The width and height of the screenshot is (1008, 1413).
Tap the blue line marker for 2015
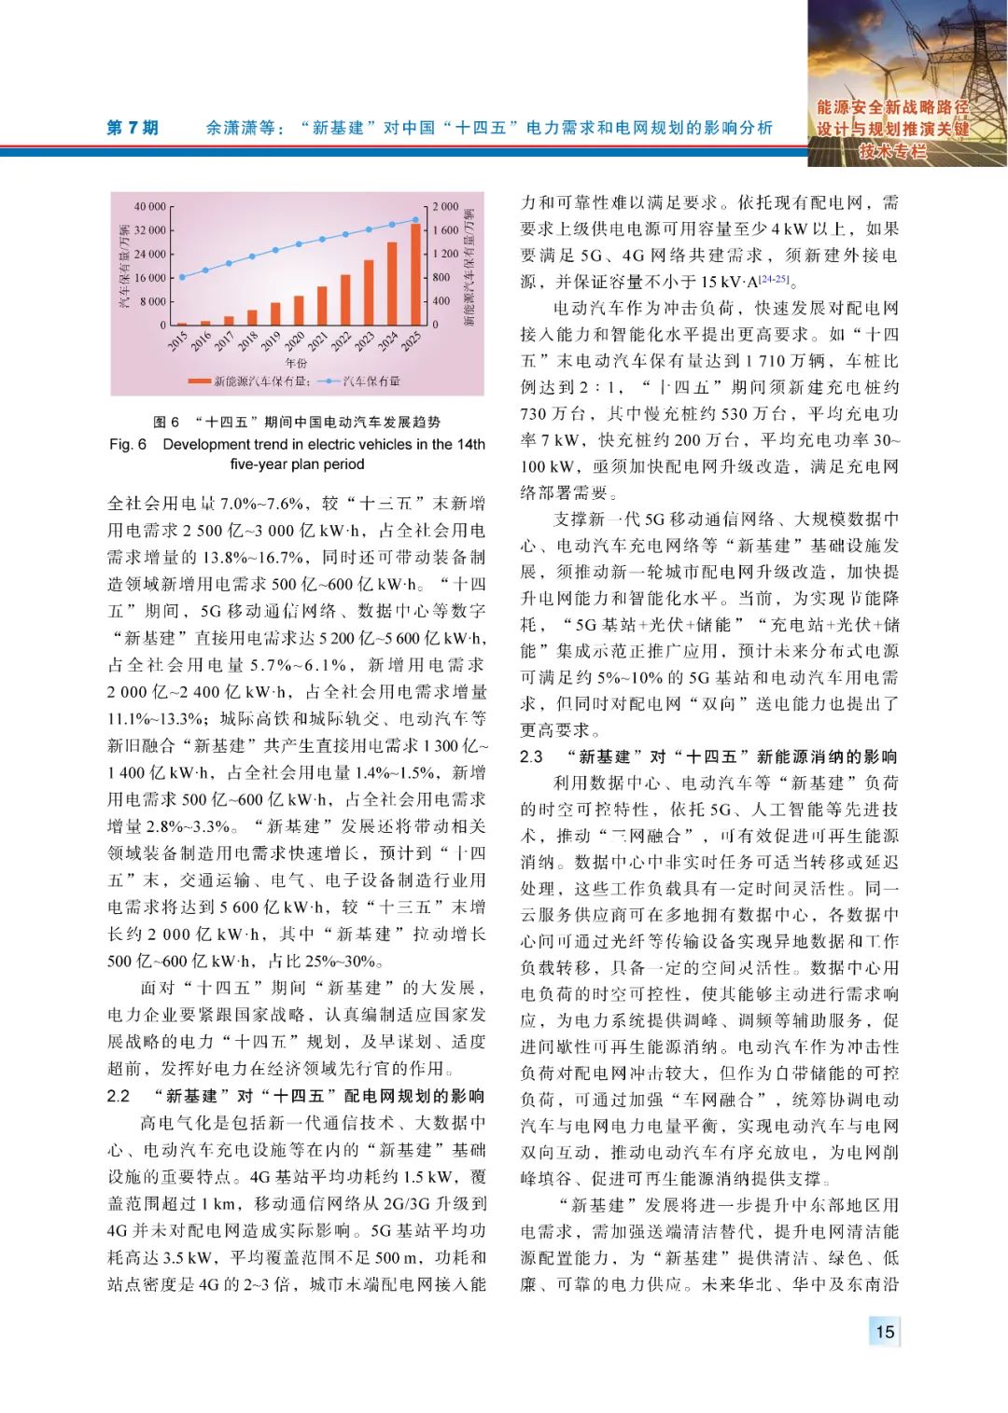(182, 277)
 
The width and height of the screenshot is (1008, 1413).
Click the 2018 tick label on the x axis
(248, 340)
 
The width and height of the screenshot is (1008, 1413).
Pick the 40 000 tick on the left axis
(149, 206)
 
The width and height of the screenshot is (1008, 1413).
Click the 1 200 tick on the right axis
(445, 254)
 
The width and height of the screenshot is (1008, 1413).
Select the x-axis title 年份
(296, 363)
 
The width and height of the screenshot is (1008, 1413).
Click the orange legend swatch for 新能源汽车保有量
(199, 381)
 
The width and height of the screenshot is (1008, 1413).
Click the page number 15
(884, 1331)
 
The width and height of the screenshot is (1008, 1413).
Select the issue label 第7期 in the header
(133, 128)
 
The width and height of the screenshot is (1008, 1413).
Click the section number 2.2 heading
(119, 1096)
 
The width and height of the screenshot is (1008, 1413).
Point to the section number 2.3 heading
(532, 756)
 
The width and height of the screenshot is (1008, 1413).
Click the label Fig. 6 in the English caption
(128, 445)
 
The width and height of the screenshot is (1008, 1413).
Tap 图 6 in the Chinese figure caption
(166, 423)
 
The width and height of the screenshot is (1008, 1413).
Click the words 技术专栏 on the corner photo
(892, 151)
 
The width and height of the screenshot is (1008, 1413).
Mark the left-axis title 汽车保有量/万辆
(124, 267)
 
